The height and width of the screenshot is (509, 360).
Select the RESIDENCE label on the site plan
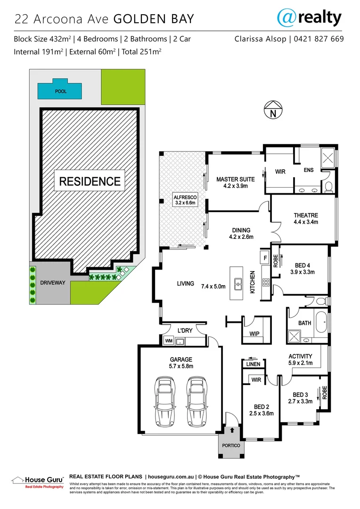pos(90,181)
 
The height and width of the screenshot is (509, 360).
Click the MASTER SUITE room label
pos(235,182)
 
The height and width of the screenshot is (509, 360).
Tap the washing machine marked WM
pos(168,341)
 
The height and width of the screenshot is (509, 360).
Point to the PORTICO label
pos(231,445)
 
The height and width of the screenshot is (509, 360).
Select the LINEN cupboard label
pos(253,364)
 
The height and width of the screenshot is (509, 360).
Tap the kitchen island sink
pos(238,284)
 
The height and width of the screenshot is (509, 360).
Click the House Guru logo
pos(38,481)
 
